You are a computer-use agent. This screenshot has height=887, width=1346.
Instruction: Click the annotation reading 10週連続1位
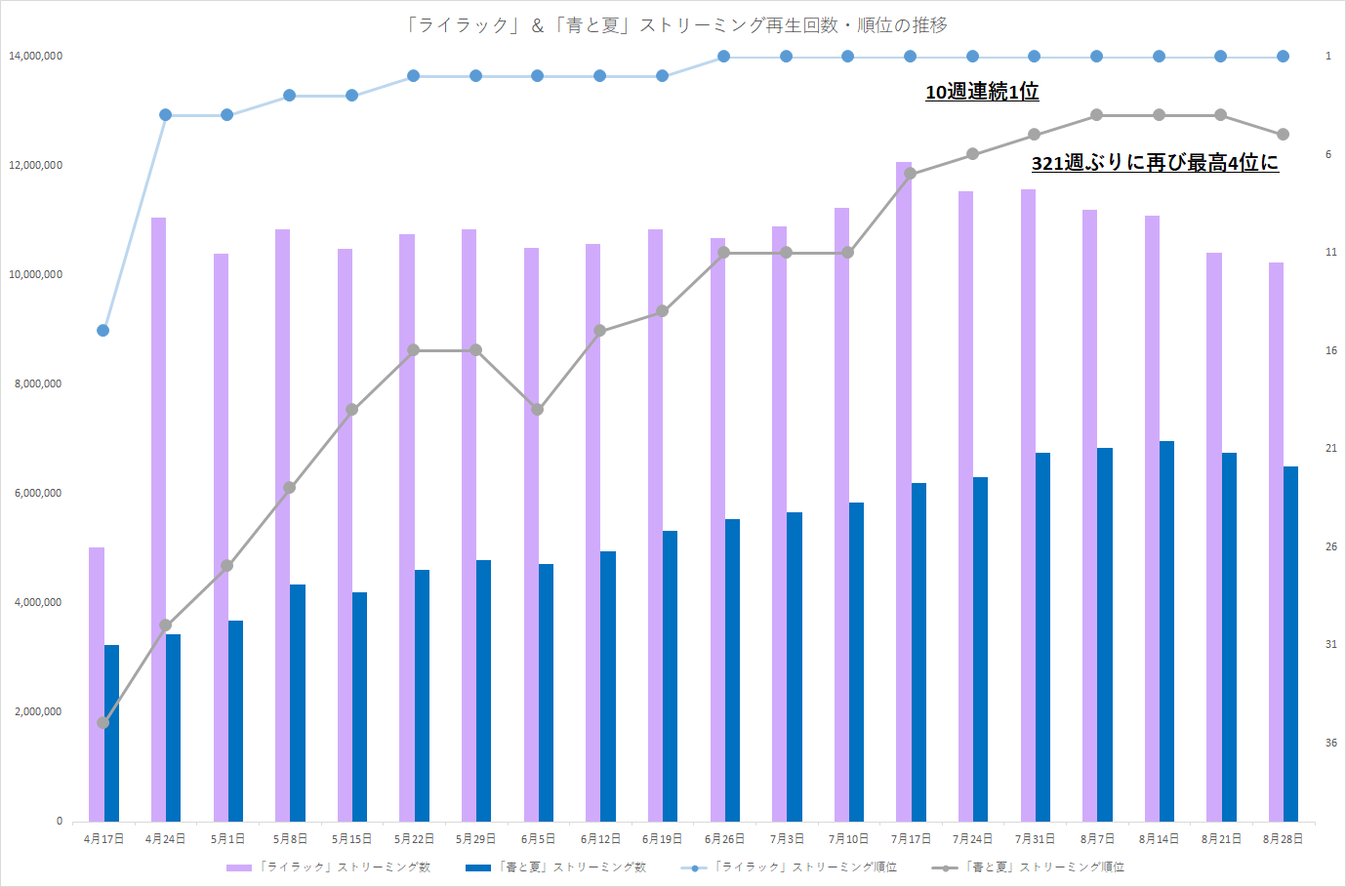(982, 92)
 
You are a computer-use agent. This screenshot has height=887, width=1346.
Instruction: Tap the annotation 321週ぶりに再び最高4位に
(1155, 163)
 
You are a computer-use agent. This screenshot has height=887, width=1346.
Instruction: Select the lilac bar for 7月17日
(904, 488)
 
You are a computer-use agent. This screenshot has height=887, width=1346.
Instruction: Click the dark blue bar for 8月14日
(1166, 630)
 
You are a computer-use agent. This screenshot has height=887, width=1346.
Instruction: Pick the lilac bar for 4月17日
(96, 683)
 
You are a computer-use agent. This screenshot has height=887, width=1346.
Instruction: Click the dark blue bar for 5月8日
(298, 703)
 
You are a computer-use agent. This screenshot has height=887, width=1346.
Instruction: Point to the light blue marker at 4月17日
(103, 330)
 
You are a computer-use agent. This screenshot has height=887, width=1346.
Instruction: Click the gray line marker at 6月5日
(538, 409)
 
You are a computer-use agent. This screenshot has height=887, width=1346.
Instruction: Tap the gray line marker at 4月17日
(103, 722)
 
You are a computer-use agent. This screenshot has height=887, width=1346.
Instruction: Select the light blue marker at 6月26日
(724, 57)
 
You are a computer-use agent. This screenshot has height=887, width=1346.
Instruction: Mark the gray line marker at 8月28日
(1283, 135)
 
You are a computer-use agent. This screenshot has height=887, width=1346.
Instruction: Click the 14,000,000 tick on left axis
(35, 57)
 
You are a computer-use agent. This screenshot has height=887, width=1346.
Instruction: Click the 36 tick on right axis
(1330, 743)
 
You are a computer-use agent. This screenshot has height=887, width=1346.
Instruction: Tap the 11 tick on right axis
(1330, 253)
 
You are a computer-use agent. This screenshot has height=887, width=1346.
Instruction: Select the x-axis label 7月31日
(1035, 839)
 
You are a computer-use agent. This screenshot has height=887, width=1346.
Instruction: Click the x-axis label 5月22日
(414, 839)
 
